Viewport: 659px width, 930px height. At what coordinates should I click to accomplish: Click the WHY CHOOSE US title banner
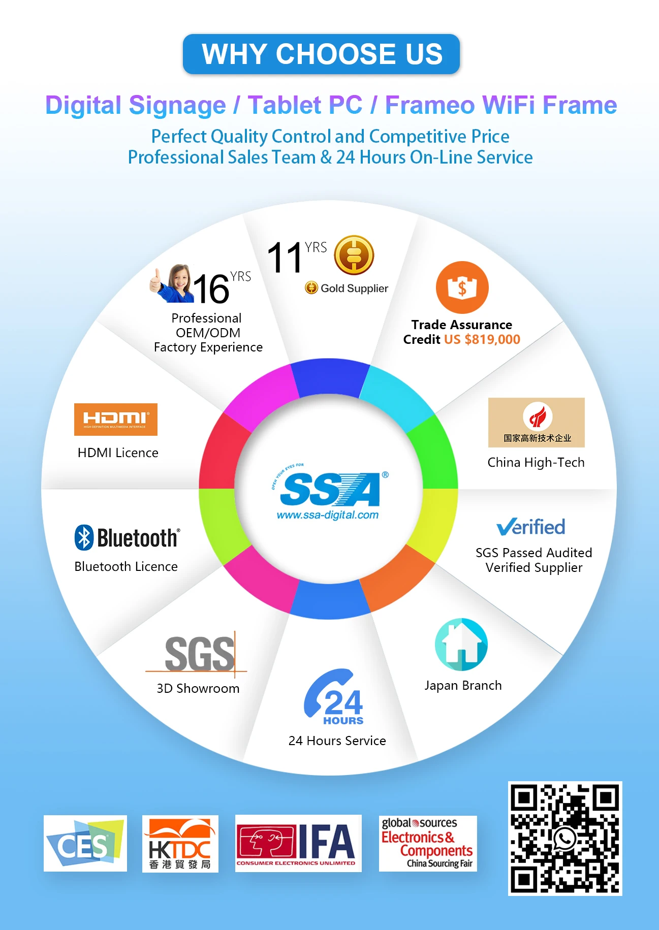click(x=321, y=54)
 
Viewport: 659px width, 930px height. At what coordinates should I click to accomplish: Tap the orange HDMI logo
click(x=116, y=419)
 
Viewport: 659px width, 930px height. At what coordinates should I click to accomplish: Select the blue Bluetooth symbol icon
click(x=84, y=537)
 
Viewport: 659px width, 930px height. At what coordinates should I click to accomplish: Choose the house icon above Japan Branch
click(x=461, y=645)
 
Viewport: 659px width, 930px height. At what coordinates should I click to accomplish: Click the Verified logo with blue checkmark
click(x=530, y=527)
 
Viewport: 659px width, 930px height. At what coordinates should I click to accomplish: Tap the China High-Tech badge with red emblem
click(x=536, y=422)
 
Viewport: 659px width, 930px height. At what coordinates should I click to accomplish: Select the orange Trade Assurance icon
click(x=462, y=287)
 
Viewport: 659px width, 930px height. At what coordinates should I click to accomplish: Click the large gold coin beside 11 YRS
click(x=354, y=255)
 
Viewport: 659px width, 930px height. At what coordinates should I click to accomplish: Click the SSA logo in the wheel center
click(x=330, y=489)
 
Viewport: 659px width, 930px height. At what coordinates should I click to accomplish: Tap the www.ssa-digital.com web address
click(x=328, y=515)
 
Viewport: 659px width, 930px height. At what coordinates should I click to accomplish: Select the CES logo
click(x=85, y=843)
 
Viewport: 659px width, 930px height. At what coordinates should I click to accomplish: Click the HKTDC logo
click(x=180, y=844)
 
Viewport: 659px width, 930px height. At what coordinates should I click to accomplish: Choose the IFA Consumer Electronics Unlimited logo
click(x=298, y=843)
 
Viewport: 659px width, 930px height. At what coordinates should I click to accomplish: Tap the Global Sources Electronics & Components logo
click(x=428, y=843)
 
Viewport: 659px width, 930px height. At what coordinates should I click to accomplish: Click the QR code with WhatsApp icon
click(x=565, y=838)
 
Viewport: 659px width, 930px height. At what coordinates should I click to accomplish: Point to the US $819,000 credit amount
click(x=482, y=339)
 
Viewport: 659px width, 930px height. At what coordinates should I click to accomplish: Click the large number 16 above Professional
click(x=211, y=289)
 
